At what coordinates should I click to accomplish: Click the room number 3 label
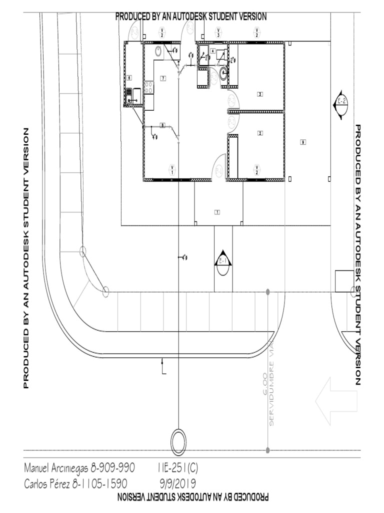(260, 94)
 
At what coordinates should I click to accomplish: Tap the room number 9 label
(302, 142)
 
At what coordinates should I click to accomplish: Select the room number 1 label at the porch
(217, 212)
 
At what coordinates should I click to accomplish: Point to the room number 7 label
(163, 78)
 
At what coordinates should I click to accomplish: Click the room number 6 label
(129, 78)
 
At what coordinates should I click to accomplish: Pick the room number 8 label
(162, 125)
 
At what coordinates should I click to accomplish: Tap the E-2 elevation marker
(342, 105)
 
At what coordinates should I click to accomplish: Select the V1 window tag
(172, 169)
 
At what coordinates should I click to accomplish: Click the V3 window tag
(218, 33)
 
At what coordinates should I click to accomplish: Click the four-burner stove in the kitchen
(148, 88)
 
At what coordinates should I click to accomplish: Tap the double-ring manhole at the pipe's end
(178, 441)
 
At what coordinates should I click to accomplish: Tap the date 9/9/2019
(177, 484)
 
